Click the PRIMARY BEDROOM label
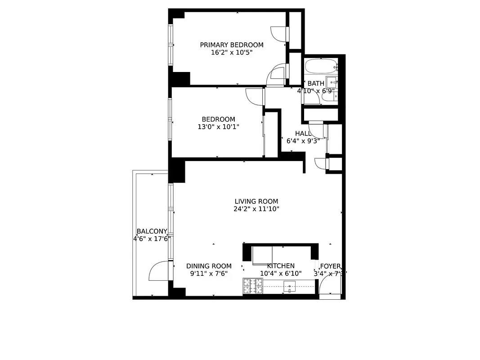[x=232, y=45]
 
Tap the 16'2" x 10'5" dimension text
[x=232, y=53]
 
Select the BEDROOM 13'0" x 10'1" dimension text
[x=218, y=127]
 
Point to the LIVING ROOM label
[x=256, y=202]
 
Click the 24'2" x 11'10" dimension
[x=257, y=209]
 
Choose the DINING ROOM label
[x=209, y=266]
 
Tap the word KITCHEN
[x=281, y=266]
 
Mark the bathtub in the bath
[x=321, y=67]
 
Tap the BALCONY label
[x=152, y=231]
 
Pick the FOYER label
[x=330, y=266]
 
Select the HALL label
[x=303, y=134]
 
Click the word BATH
[x=315, y=83]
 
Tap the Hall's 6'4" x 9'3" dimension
[x=303, y=141]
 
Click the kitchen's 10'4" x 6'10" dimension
[x=281, y=273]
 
